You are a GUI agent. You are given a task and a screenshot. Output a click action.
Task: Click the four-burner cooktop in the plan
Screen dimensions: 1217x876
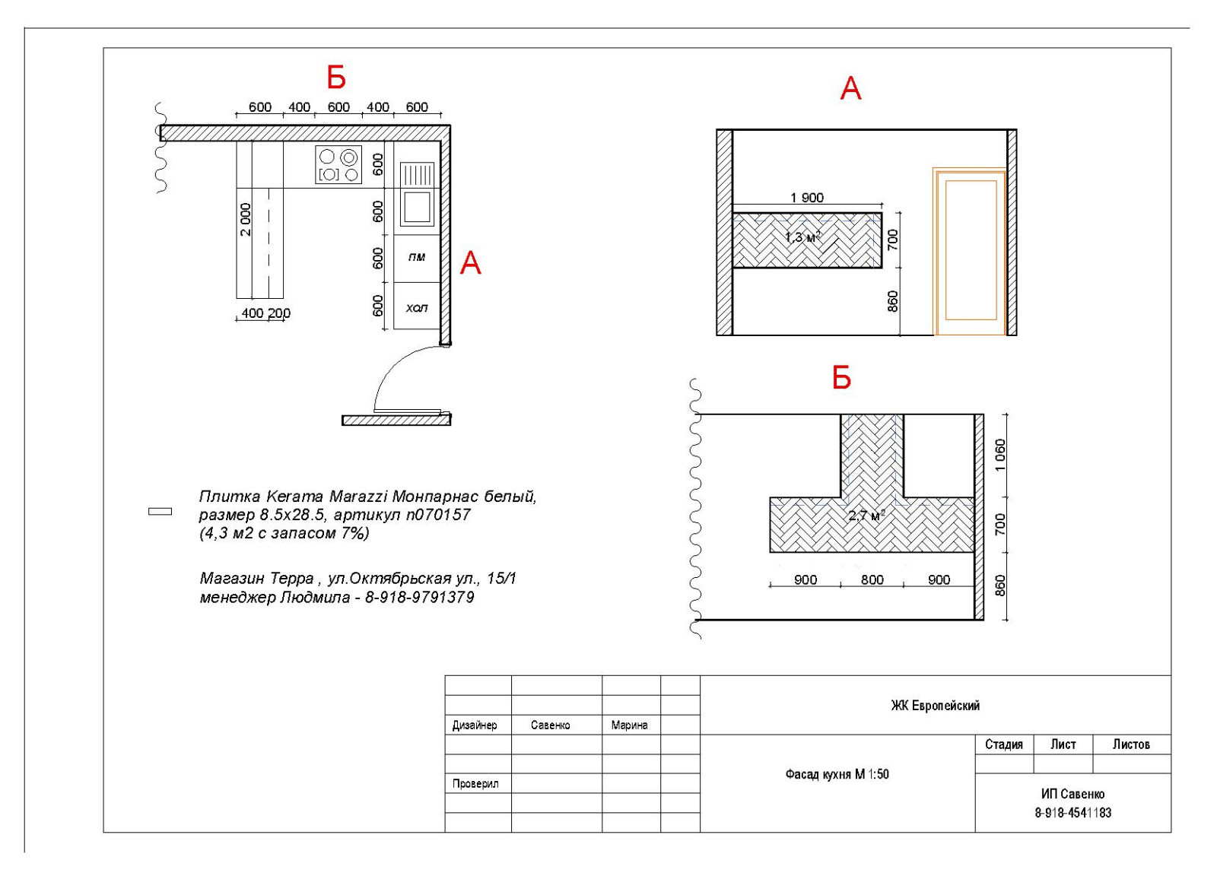(338, 165)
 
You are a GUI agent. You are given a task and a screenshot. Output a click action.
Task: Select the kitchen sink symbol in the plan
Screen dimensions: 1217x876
(418, 194)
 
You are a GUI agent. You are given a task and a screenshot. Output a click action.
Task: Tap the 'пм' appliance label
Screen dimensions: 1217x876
(417, 257)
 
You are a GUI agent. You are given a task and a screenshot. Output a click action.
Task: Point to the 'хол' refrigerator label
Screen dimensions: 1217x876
(417, 308)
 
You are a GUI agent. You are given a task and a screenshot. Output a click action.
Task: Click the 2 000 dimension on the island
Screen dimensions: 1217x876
(246, 220)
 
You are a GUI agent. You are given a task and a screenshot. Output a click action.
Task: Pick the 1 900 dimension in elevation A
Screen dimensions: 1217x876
(807, 198)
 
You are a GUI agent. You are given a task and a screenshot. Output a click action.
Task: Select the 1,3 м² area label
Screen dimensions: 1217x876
(802, 236)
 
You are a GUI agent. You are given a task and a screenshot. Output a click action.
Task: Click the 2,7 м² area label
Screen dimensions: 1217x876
(866, 515)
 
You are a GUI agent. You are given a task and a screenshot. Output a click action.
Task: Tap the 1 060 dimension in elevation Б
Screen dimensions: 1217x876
(1000, 455)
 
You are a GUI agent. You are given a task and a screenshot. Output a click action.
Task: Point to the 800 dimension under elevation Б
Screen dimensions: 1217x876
(872, 579)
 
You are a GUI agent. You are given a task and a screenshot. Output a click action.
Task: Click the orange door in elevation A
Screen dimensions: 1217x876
(970, 252)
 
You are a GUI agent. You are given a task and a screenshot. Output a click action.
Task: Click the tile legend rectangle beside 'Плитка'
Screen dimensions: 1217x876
(160, 512)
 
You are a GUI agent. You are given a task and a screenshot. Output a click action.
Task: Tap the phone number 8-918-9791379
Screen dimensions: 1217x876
(419, 598)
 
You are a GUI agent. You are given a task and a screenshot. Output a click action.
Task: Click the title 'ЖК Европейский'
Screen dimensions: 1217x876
(935, 706)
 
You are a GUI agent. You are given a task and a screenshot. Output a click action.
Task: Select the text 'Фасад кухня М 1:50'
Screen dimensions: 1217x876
(837, 774)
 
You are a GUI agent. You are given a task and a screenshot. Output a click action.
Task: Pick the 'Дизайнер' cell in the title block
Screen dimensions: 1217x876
(475, 725)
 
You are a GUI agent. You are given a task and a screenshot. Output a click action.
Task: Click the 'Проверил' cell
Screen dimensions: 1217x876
(475, 784)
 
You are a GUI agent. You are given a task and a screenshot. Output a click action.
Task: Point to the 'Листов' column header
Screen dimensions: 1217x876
(1131, 744)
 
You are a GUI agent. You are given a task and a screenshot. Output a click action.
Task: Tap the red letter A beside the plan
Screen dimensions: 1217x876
(471, 263)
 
